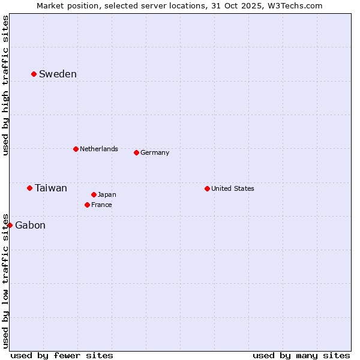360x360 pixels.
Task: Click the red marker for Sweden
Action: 34,74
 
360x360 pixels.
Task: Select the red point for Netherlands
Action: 76,149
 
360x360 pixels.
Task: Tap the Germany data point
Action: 136,152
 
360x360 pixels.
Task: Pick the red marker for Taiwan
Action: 29,188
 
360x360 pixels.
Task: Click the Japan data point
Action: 94,194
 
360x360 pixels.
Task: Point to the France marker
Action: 87,205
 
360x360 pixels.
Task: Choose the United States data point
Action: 207,188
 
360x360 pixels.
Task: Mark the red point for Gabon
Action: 10,225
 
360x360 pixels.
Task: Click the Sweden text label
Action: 58,74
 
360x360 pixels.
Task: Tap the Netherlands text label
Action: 99,149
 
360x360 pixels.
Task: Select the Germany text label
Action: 155,152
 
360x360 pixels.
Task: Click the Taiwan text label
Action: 51,188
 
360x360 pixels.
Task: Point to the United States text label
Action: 233,188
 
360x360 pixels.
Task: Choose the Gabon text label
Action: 30,226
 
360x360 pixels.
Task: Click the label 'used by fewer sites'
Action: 62,355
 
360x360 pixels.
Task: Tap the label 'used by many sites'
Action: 301,355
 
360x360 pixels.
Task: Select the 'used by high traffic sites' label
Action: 5,86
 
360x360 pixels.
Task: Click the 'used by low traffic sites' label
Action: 5,280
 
